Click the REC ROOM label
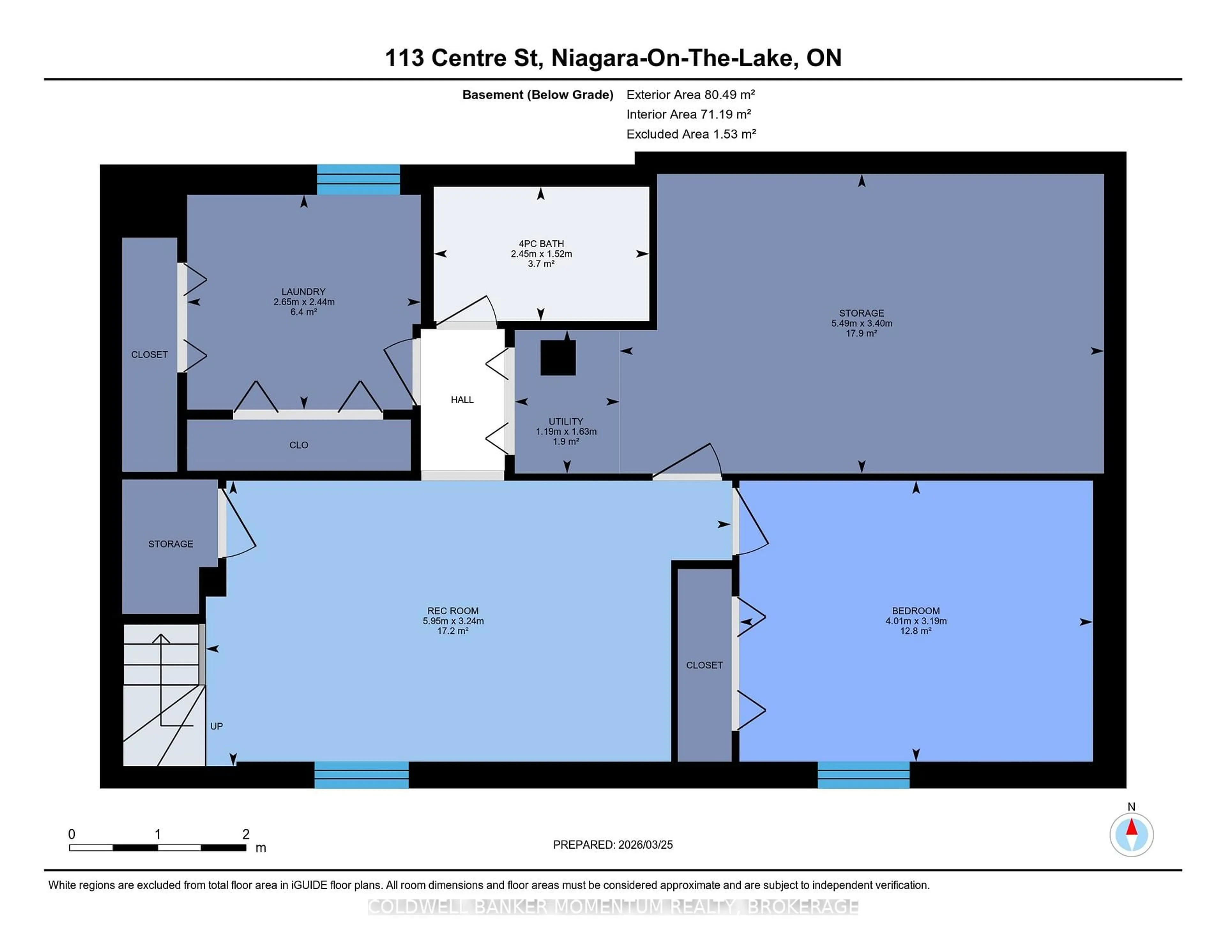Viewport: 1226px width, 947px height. pyautogui.click(x=452, y=611)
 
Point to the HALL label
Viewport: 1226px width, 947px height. pyautogui.click(x=462, y=399)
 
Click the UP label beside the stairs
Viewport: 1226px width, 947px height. pyautogui.click(x=216, y=726)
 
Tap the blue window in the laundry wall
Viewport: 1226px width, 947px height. pyautogui.click(x=358, y=180)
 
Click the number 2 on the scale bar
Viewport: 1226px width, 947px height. pyautogui.click(x=245, y=834)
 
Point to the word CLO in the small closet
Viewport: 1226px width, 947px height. pyautogui.click(x=299, y=445)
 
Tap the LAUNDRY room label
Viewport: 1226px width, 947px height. pyautogui.click(x=303, y=292)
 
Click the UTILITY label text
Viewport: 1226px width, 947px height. pyautogui.click(x=566, y=421)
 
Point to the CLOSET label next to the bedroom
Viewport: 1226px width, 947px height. pyautogui.click(x=704, y=665)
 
